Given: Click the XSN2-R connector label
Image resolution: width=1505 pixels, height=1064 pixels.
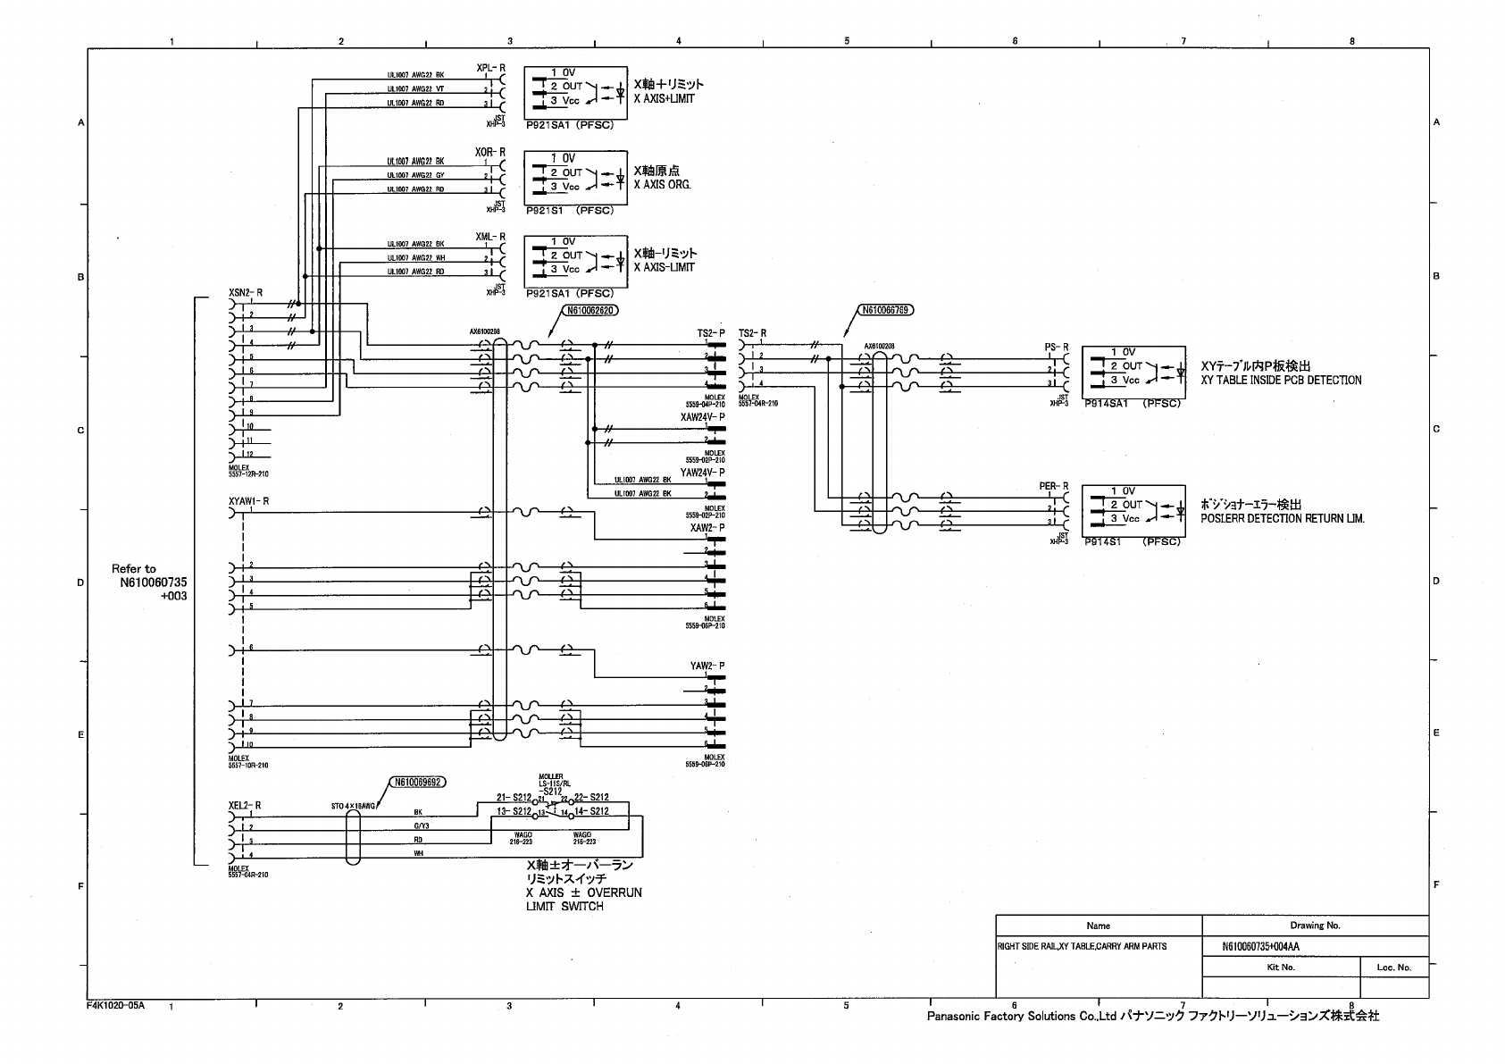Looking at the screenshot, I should (246, 292).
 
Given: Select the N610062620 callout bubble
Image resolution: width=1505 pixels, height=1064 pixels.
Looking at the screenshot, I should (589, 312).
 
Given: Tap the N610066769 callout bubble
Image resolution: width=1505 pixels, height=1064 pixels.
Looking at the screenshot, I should (885, 311).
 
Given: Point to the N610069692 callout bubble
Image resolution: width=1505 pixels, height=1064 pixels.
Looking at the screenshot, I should (417, 782).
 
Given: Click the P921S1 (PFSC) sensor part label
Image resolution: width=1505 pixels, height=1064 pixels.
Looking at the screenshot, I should (570, 211).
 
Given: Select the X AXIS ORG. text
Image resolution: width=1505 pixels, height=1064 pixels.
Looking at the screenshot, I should (662, 185).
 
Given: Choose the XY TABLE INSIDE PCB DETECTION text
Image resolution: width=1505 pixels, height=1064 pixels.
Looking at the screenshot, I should (1281, 381).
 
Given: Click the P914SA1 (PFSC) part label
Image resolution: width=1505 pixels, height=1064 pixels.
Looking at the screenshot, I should (1132, 404).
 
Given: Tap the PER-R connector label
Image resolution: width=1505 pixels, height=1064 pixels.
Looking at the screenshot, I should (1053, 486).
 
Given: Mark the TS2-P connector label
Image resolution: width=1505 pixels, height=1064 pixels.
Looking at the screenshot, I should (711, 333).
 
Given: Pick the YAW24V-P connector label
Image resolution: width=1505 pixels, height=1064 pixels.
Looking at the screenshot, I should (702, 473).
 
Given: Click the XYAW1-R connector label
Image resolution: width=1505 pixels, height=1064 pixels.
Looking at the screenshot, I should (248, 501).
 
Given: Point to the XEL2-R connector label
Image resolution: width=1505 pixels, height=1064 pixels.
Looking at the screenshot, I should (244, 805).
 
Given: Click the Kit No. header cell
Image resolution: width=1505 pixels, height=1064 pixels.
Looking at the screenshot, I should (1280, 967).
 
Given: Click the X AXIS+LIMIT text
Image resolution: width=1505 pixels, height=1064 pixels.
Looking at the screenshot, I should (664, 99).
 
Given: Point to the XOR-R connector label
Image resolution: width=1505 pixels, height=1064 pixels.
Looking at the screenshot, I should (490, 153).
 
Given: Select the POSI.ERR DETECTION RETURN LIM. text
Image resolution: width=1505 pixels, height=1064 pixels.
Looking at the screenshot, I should (1283, 519).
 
